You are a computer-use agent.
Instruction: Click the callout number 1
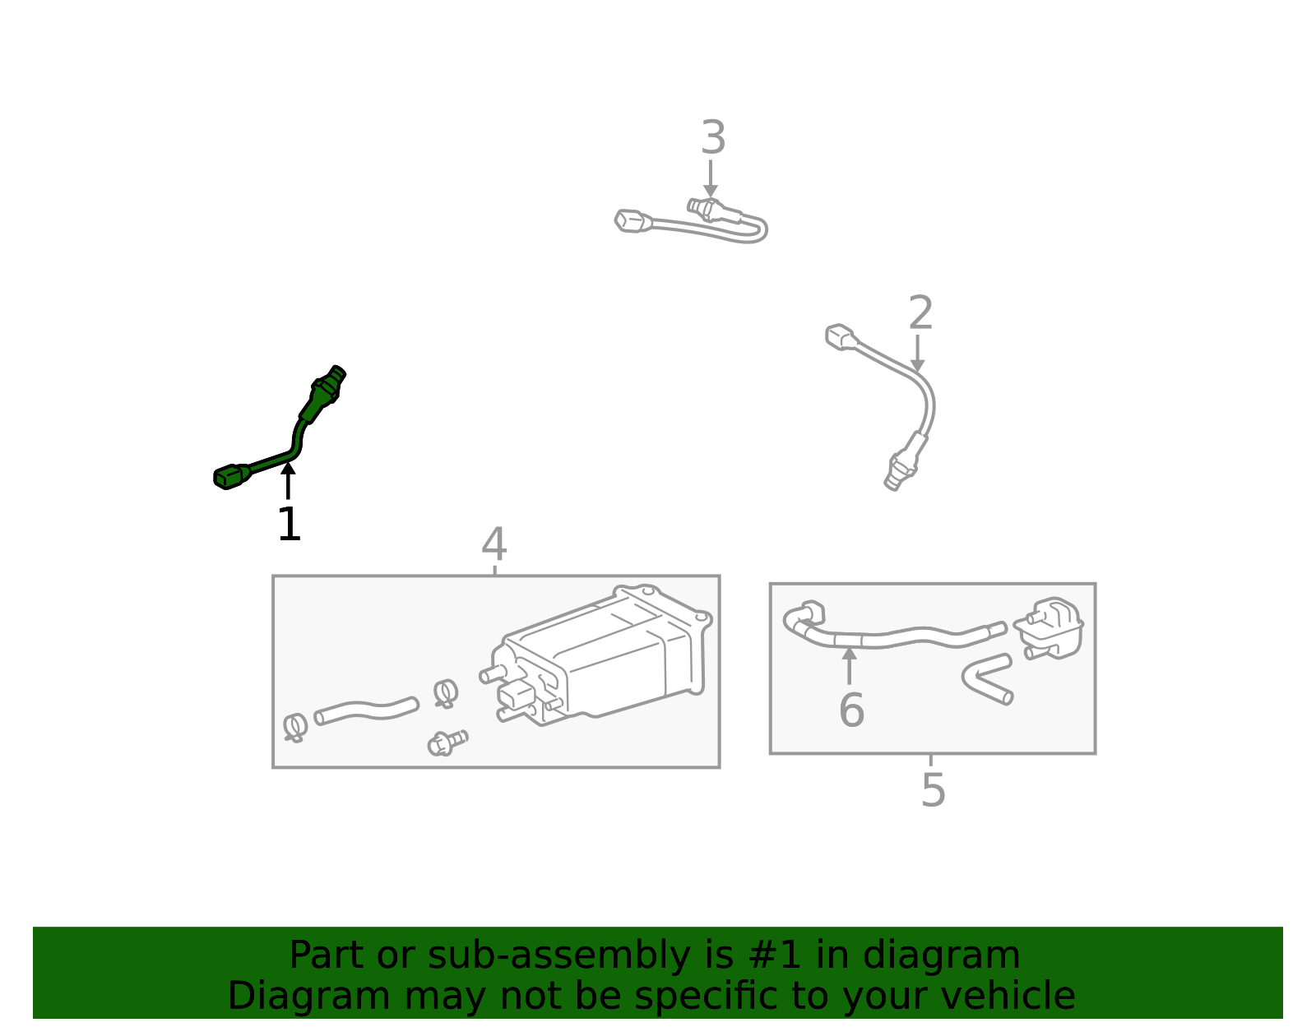coord(289,525)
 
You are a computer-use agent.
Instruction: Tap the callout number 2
coord(920,313)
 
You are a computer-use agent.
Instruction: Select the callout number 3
coord(712,138)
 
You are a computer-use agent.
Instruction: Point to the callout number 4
coord(493,544)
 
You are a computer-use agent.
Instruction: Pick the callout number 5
coord(933,790)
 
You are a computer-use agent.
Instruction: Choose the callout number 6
coord(851,710)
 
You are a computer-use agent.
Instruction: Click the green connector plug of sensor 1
coord(232,476)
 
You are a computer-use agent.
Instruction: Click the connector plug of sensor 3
coord(632,220)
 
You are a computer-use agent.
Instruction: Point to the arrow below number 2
coord(917,354)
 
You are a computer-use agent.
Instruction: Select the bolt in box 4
coord(447,742)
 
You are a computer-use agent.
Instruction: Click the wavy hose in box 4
coord(366,710)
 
